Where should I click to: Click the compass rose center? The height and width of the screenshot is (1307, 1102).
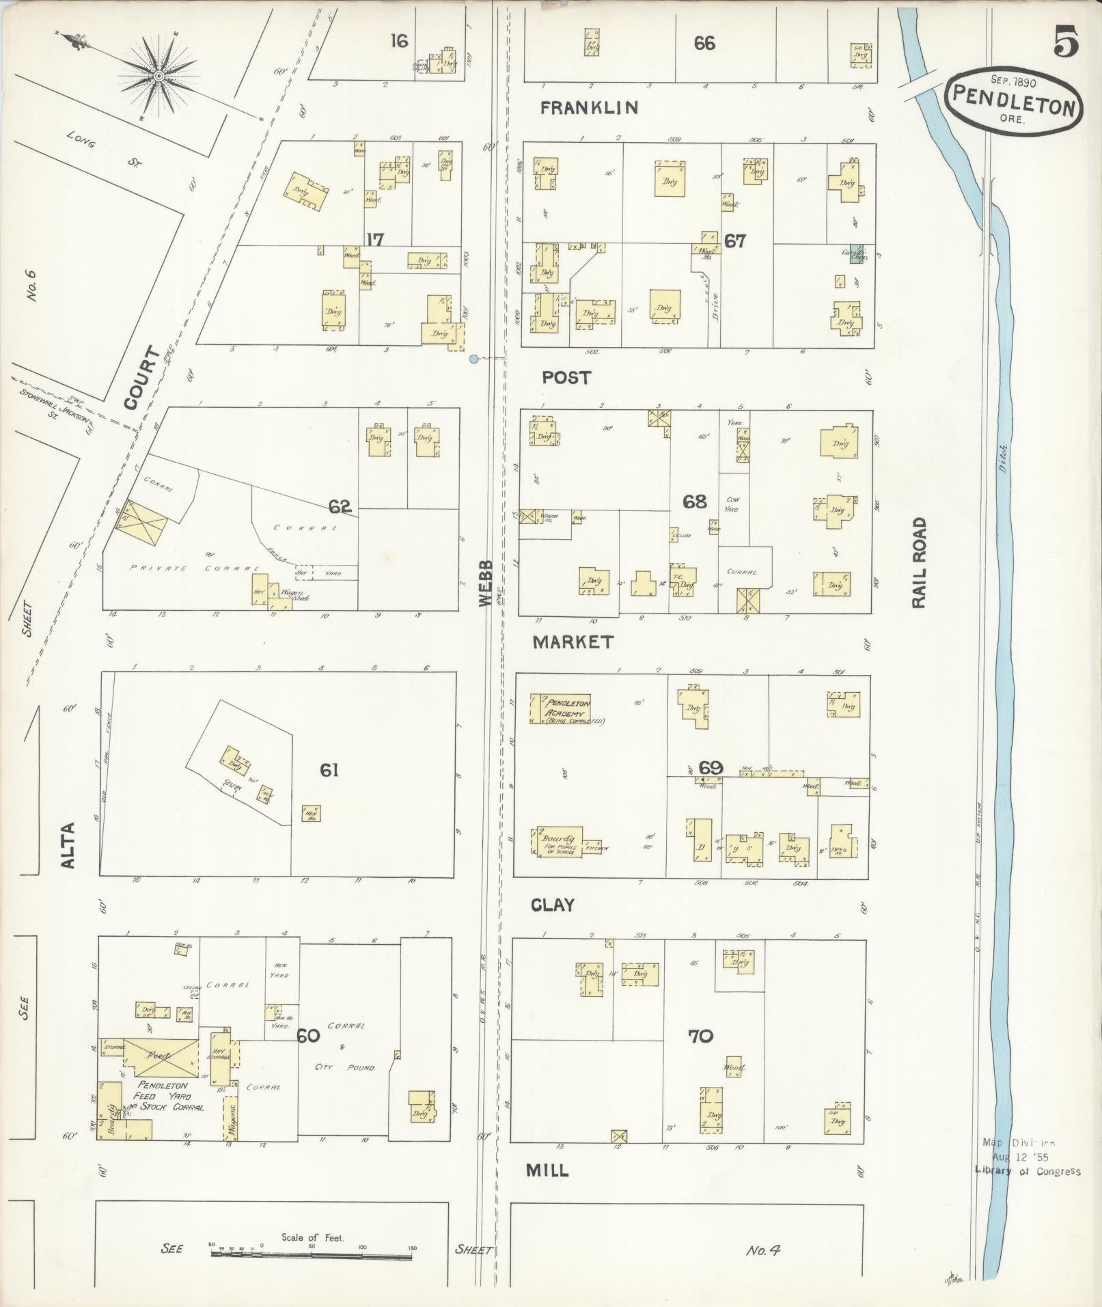[159, 76]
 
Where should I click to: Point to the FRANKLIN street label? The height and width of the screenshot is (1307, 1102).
[589, 108]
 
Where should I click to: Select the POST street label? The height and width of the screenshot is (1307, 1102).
[566, 378]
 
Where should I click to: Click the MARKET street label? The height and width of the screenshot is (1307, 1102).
[573, 642]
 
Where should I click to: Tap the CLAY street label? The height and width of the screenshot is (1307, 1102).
[553, 905]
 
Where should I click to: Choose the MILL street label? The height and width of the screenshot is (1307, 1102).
[547, 1170]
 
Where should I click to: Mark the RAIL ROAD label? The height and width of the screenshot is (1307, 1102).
[920, 562]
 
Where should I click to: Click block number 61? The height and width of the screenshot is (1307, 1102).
[329, 771]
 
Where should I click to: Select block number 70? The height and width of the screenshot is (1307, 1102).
[700, 1036]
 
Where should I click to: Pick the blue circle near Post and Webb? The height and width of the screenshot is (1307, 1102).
[473, 358]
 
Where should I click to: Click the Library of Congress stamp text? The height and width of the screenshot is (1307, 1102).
[1028, 1172]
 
